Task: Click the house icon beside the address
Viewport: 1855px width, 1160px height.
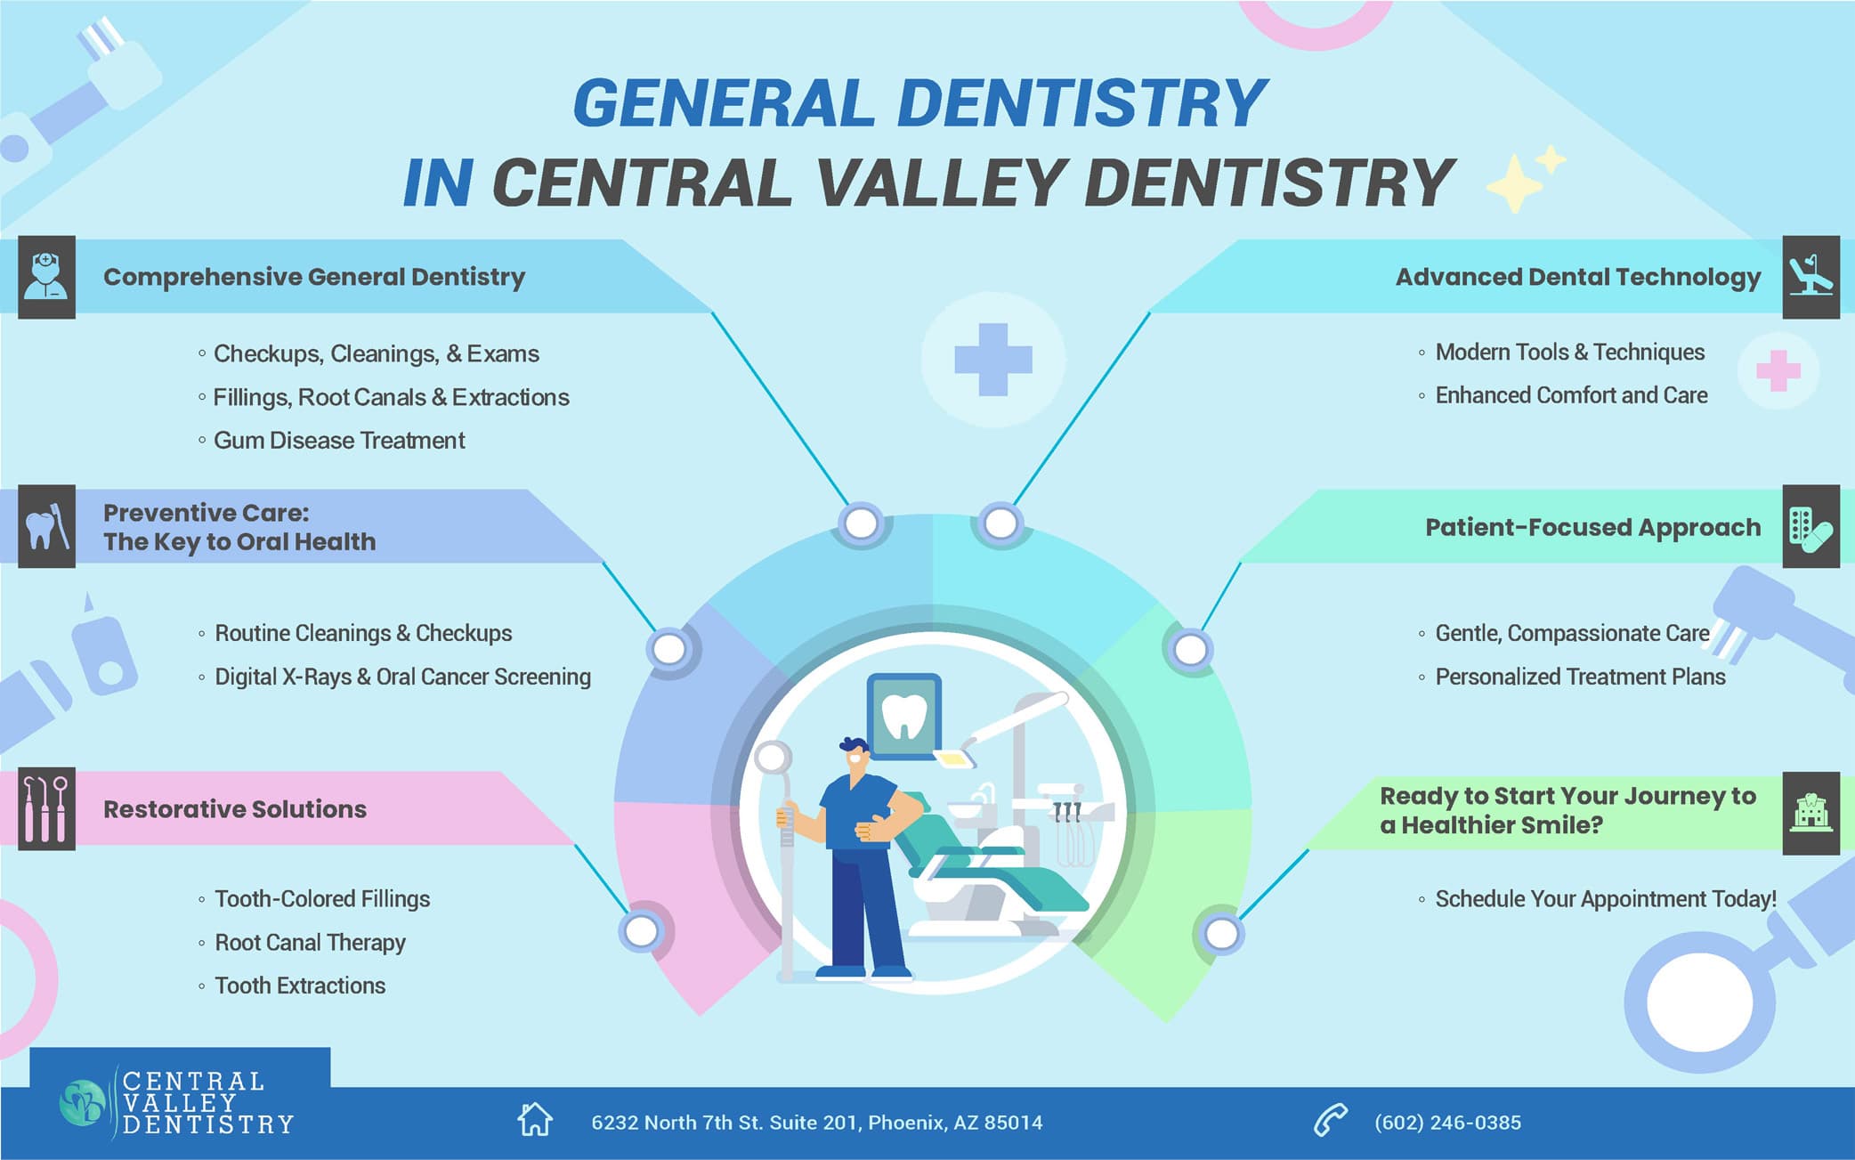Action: pos(535,1120)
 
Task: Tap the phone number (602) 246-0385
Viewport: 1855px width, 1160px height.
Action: pos(1447,1123)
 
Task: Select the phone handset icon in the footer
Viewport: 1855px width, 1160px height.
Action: pos(1331,1121)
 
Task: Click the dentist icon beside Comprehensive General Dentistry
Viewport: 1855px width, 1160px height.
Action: pos(46,277)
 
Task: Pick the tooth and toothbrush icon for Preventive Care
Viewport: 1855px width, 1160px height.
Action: pos(46,526)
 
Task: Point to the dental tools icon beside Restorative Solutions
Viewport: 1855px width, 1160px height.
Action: pos(46,808)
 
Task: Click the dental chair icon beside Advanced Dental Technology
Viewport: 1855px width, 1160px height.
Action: pos(1810,277)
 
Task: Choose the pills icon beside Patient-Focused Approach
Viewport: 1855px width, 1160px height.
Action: pos(1810,527)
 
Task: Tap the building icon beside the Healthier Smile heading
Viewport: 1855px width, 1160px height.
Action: pos(1810,812)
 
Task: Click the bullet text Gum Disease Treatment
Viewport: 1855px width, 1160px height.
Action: pos(339,441)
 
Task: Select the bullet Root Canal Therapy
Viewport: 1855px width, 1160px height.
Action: pos(310,942)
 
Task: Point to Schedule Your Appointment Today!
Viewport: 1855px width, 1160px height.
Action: pos(1605,899)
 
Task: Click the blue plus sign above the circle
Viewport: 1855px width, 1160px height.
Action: pos(992,360)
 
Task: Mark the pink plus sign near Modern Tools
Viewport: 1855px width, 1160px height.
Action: pos(1778,371)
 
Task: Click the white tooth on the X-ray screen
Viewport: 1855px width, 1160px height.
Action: pos(904,716)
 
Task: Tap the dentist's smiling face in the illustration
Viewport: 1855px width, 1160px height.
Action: pos(855,758)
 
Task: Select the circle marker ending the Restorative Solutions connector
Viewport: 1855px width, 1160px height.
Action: pos(641,931)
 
